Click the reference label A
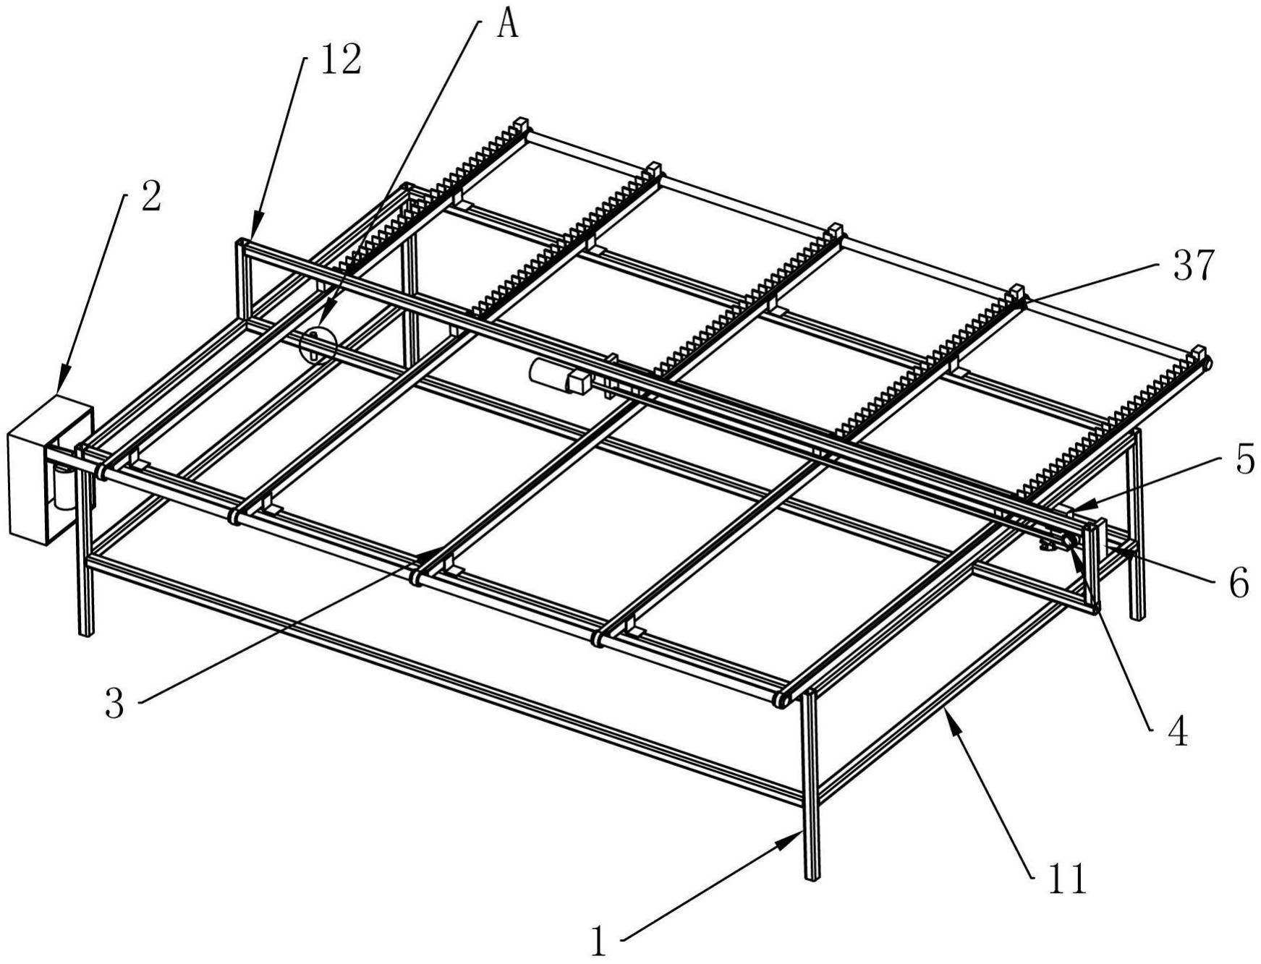coord(509,27)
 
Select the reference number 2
coord(150,197)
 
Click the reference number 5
coord(1244,460)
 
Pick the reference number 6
coord(1239,583)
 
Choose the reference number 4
coord(1178,732)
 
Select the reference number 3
coord(114,702)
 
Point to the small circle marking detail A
coord(318,346)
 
